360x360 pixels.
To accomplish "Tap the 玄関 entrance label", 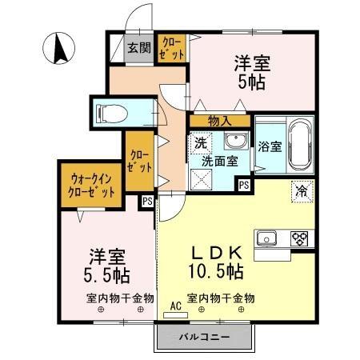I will click(x=138, y=47).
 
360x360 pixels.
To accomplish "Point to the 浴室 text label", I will click(x=270, y=146).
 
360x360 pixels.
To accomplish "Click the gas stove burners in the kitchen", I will click(x=299, y=238).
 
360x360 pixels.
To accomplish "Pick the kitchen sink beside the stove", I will click(x=266, y=238).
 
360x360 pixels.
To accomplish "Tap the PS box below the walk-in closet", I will click(x=147, y=202).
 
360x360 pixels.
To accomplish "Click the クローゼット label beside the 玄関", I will click(x=172, y=47).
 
